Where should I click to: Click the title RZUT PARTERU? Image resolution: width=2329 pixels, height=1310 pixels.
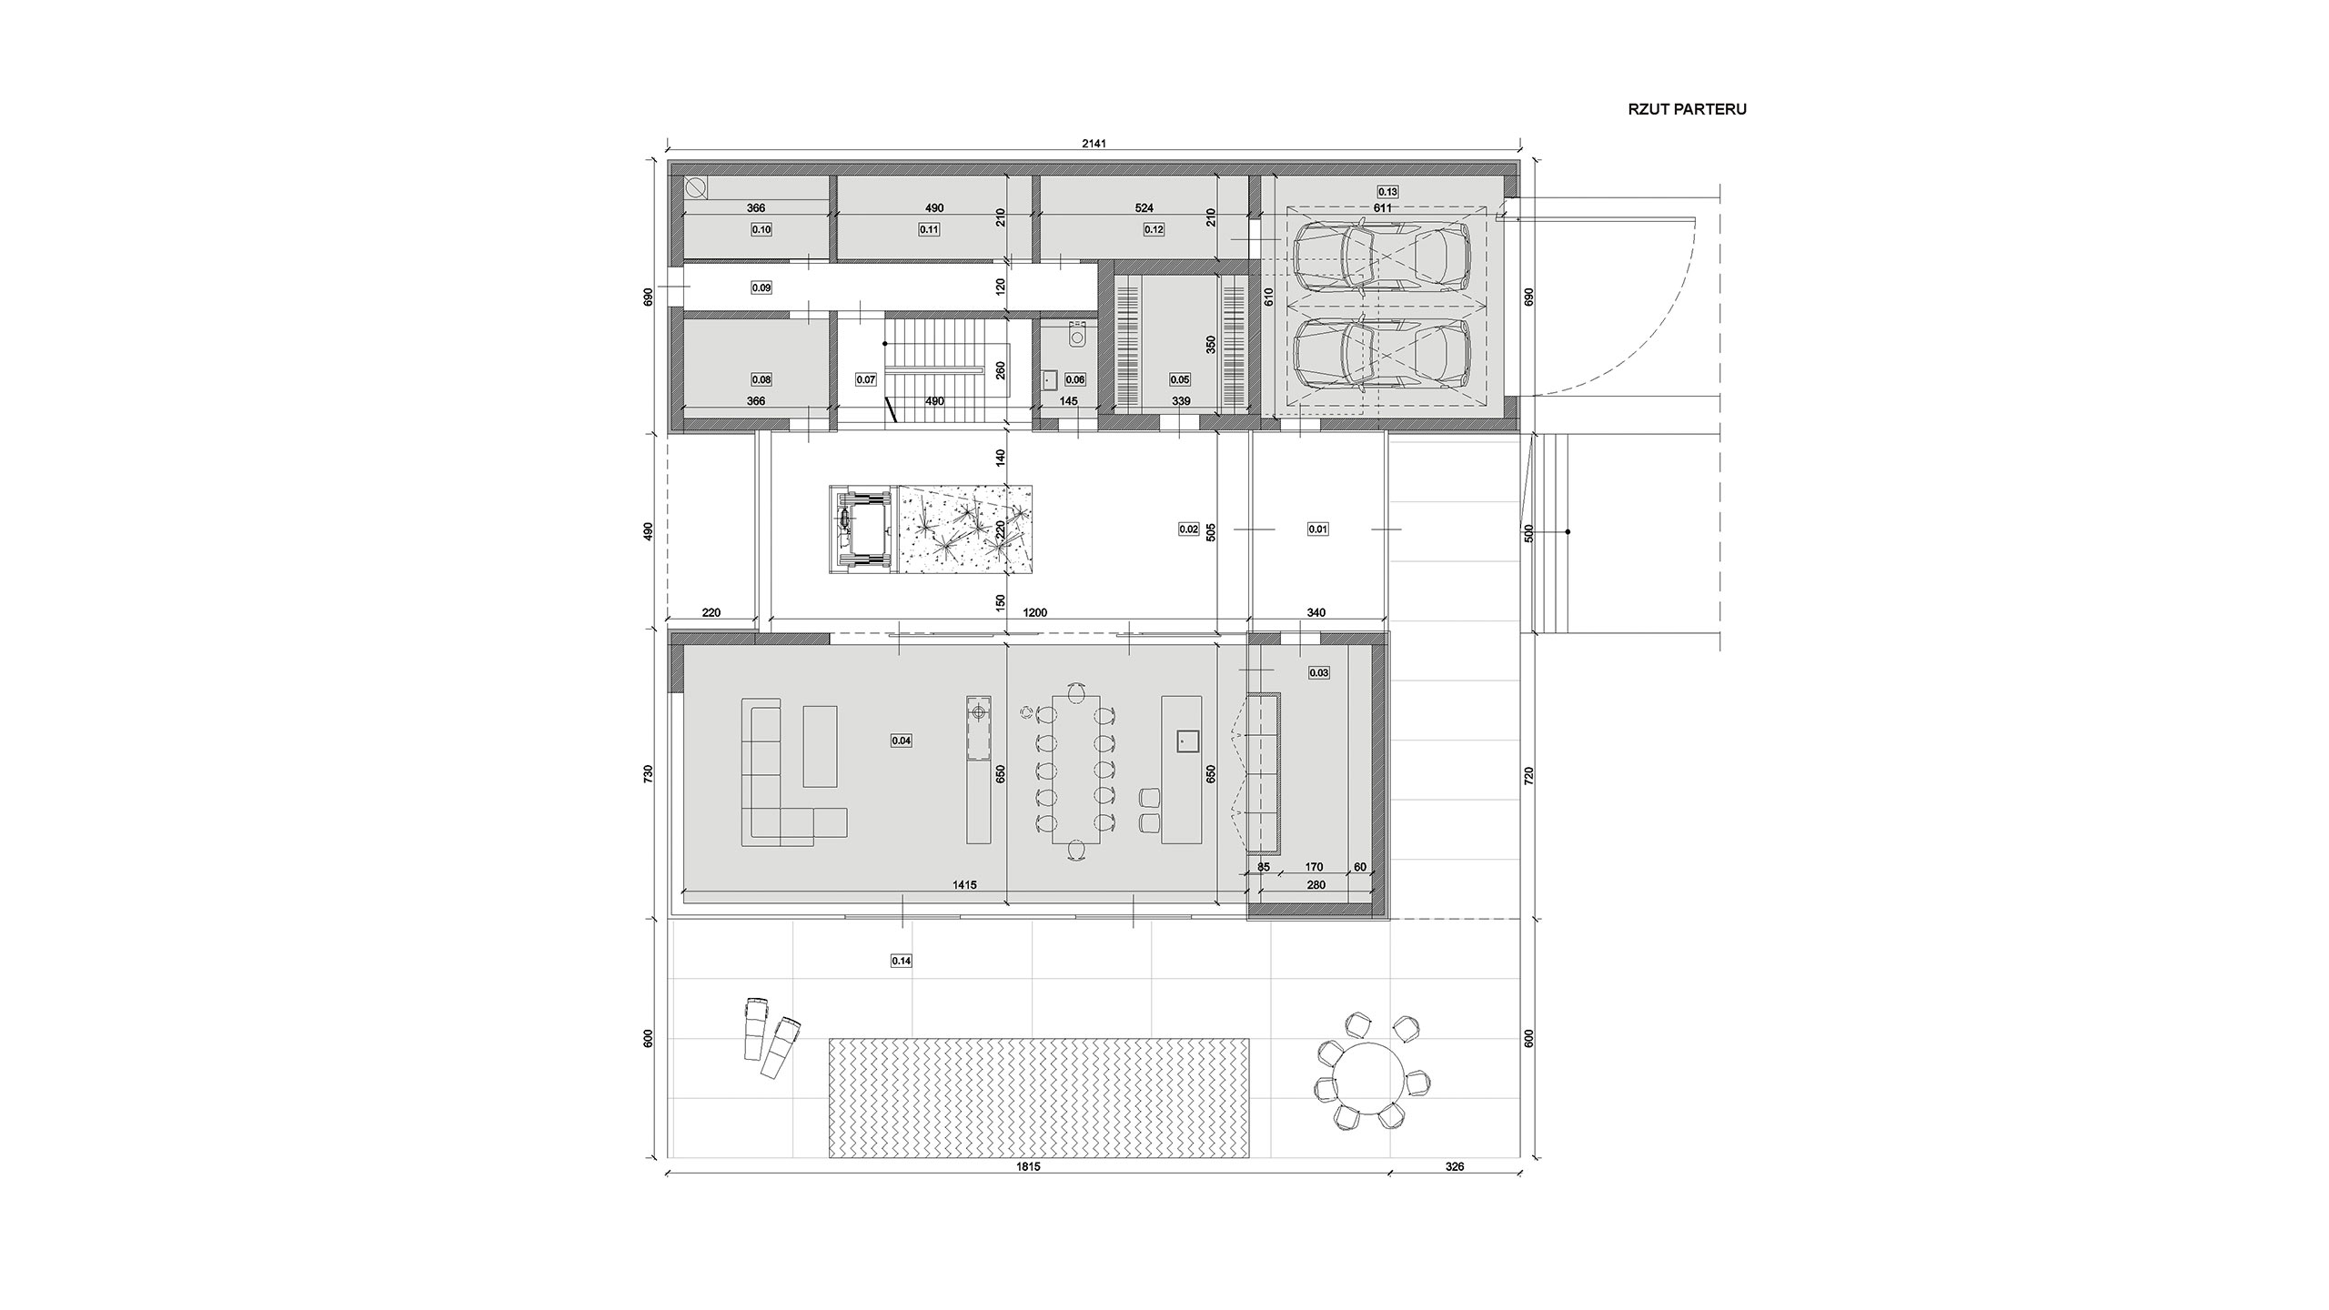click(1687, 109)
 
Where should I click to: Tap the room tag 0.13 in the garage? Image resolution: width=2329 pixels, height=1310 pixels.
click(1387, 192)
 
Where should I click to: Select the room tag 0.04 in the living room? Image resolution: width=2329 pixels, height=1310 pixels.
click(901, 741)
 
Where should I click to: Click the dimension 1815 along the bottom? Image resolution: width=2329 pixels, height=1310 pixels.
click(1028, 1192)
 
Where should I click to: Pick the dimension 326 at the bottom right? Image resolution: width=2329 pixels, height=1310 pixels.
click(1455, 1192)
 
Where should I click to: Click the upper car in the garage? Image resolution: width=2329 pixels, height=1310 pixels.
click(1382, 259)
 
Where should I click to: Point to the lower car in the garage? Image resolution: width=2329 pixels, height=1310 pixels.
click(1382, 356)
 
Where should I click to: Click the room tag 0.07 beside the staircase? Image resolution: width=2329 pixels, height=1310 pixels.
click(866, 379)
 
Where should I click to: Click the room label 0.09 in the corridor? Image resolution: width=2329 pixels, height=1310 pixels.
click(761, 287)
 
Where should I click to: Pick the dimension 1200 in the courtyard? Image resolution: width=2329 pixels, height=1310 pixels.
click(1035, 612)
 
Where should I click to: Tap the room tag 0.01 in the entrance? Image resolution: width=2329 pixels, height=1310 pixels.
click(1317, 529)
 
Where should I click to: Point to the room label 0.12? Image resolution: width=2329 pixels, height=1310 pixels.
click(1154, 229)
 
